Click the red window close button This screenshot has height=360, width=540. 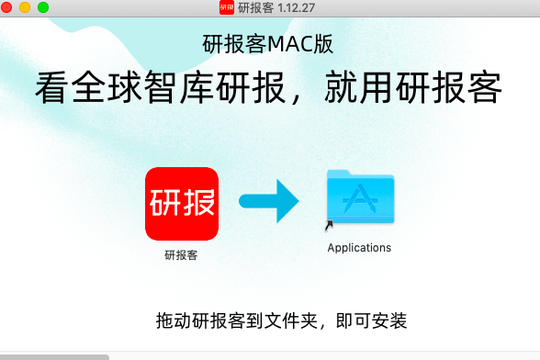tap(7, 7)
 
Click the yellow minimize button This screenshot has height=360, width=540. tap(25, 7)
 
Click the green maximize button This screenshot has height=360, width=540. tap(42, 7)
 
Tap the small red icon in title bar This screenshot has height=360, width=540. tap(226, 7)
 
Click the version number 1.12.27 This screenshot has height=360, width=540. tap(297, 7)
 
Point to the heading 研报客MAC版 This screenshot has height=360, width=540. tap(267, 43)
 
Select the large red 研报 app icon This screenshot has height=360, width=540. tap(182, 203)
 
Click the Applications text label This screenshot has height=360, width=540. tap(359, 248)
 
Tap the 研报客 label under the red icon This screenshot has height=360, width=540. tap(181, 255)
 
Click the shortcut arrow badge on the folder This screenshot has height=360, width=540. tap(329, 225)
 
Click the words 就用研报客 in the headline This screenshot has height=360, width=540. tap(413, 89)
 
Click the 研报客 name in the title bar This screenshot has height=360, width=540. tap(254, 7)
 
